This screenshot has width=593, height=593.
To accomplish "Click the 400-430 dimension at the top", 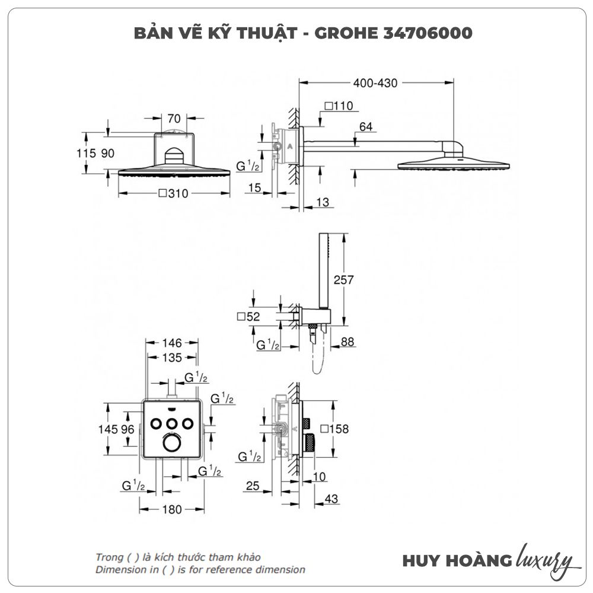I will pyautogui.click(x=375, y=83).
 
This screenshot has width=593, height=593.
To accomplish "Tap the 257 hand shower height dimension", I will pyautogui.click(x=344, y=279).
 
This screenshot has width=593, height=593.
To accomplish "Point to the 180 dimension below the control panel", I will pyautogui.click(x=171, y=509).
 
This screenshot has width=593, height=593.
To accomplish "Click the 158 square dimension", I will pyautogui.click(x=334, y=429).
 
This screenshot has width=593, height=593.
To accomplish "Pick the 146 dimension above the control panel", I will pyautogui.click(x=172, y=343).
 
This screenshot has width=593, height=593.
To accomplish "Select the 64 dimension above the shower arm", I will pyautogui.click(x=366, y=126).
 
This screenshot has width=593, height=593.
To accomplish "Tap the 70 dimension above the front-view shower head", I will pyautogui.click(x=174, y=117).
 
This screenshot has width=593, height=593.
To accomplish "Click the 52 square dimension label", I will pyautogui.click(x=248, y=317).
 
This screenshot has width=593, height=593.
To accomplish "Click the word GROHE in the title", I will pyautogui.click(x=344, y=33).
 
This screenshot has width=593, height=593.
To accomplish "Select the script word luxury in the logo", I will pyautogui.click(x=544, y=560).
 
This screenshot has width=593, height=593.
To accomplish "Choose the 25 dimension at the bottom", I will pyautogui.click(x=253, y=486).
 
